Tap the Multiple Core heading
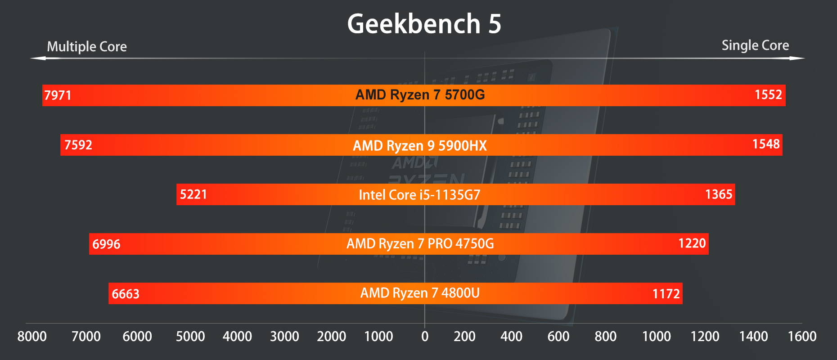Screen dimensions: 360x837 pyautogui.click(x=87, y=46)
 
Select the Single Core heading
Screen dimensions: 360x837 pyautogui.click(x=755, y=45)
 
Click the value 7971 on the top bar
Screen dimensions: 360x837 pyautogui.click(x=58, y=95)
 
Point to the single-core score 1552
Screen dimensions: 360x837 pyautogui.click(x=768, y=94)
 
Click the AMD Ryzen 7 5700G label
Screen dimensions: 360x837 pyautogui.click(x=420, y=94)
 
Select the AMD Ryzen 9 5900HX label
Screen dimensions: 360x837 pyautogui.click(x=419, y=145)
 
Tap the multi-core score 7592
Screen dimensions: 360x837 pyautogui.click(x=78, y=145)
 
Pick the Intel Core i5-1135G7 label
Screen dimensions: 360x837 pyautogui.click(x=419, y=195)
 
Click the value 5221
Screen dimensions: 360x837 pyautogui.click(x=193, y=194)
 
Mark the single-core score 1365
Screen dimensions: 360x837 pyautogui.click(x=719, y=194)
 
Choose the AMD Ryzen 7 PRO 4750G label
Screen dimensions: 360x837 pyautogui.click(x=420, y=243)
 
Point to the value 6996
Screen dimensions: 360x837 pyautogui.click(x=106, y=244)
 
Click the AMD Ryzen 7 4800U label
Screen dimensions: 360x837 pyautogui.click(x=420, y=293)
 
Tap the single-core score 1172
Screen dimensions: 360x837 pyautogui.click(x=666, y=294)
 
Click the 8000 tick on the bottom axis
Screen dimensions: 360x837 pyautogui.click(x=32, y=336)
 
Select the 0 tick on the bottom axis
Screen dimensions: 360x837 pyautogui.click(x=424, y=336)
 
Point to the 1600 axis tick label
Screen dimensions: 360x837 pyautogui.click(x=802, y=336)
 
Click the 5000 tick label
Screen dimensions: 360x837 pyautogui.click(x=190, y=336)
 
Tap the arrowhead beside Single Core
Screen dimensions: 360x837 pyautogui.click(x=798, y=58)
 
